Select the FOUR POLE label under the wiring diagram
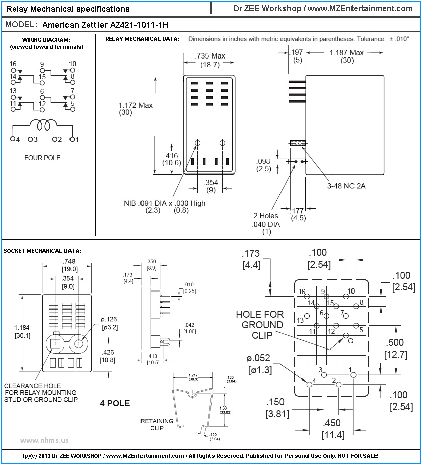click(42, 158)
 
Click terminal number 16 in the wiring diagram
click(13, 64)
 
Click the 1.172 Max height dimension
click(135, 109)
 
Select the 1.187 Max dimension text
click(346, 56)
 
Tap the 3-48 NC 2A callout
click(346, 186)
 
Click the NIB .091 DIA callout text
click(165, 206)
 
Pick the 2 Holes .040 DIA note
click(266, 224)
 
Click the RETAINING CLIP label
click(157, 424)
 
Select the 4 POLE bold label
click(115, 403)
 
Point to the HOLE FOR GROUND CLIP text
click(259, 325)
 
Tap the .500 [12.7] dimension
click(395, 348)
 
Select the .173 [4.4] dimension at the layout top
click(251, 259)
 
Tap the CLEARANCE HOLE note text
click(40, 392)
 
